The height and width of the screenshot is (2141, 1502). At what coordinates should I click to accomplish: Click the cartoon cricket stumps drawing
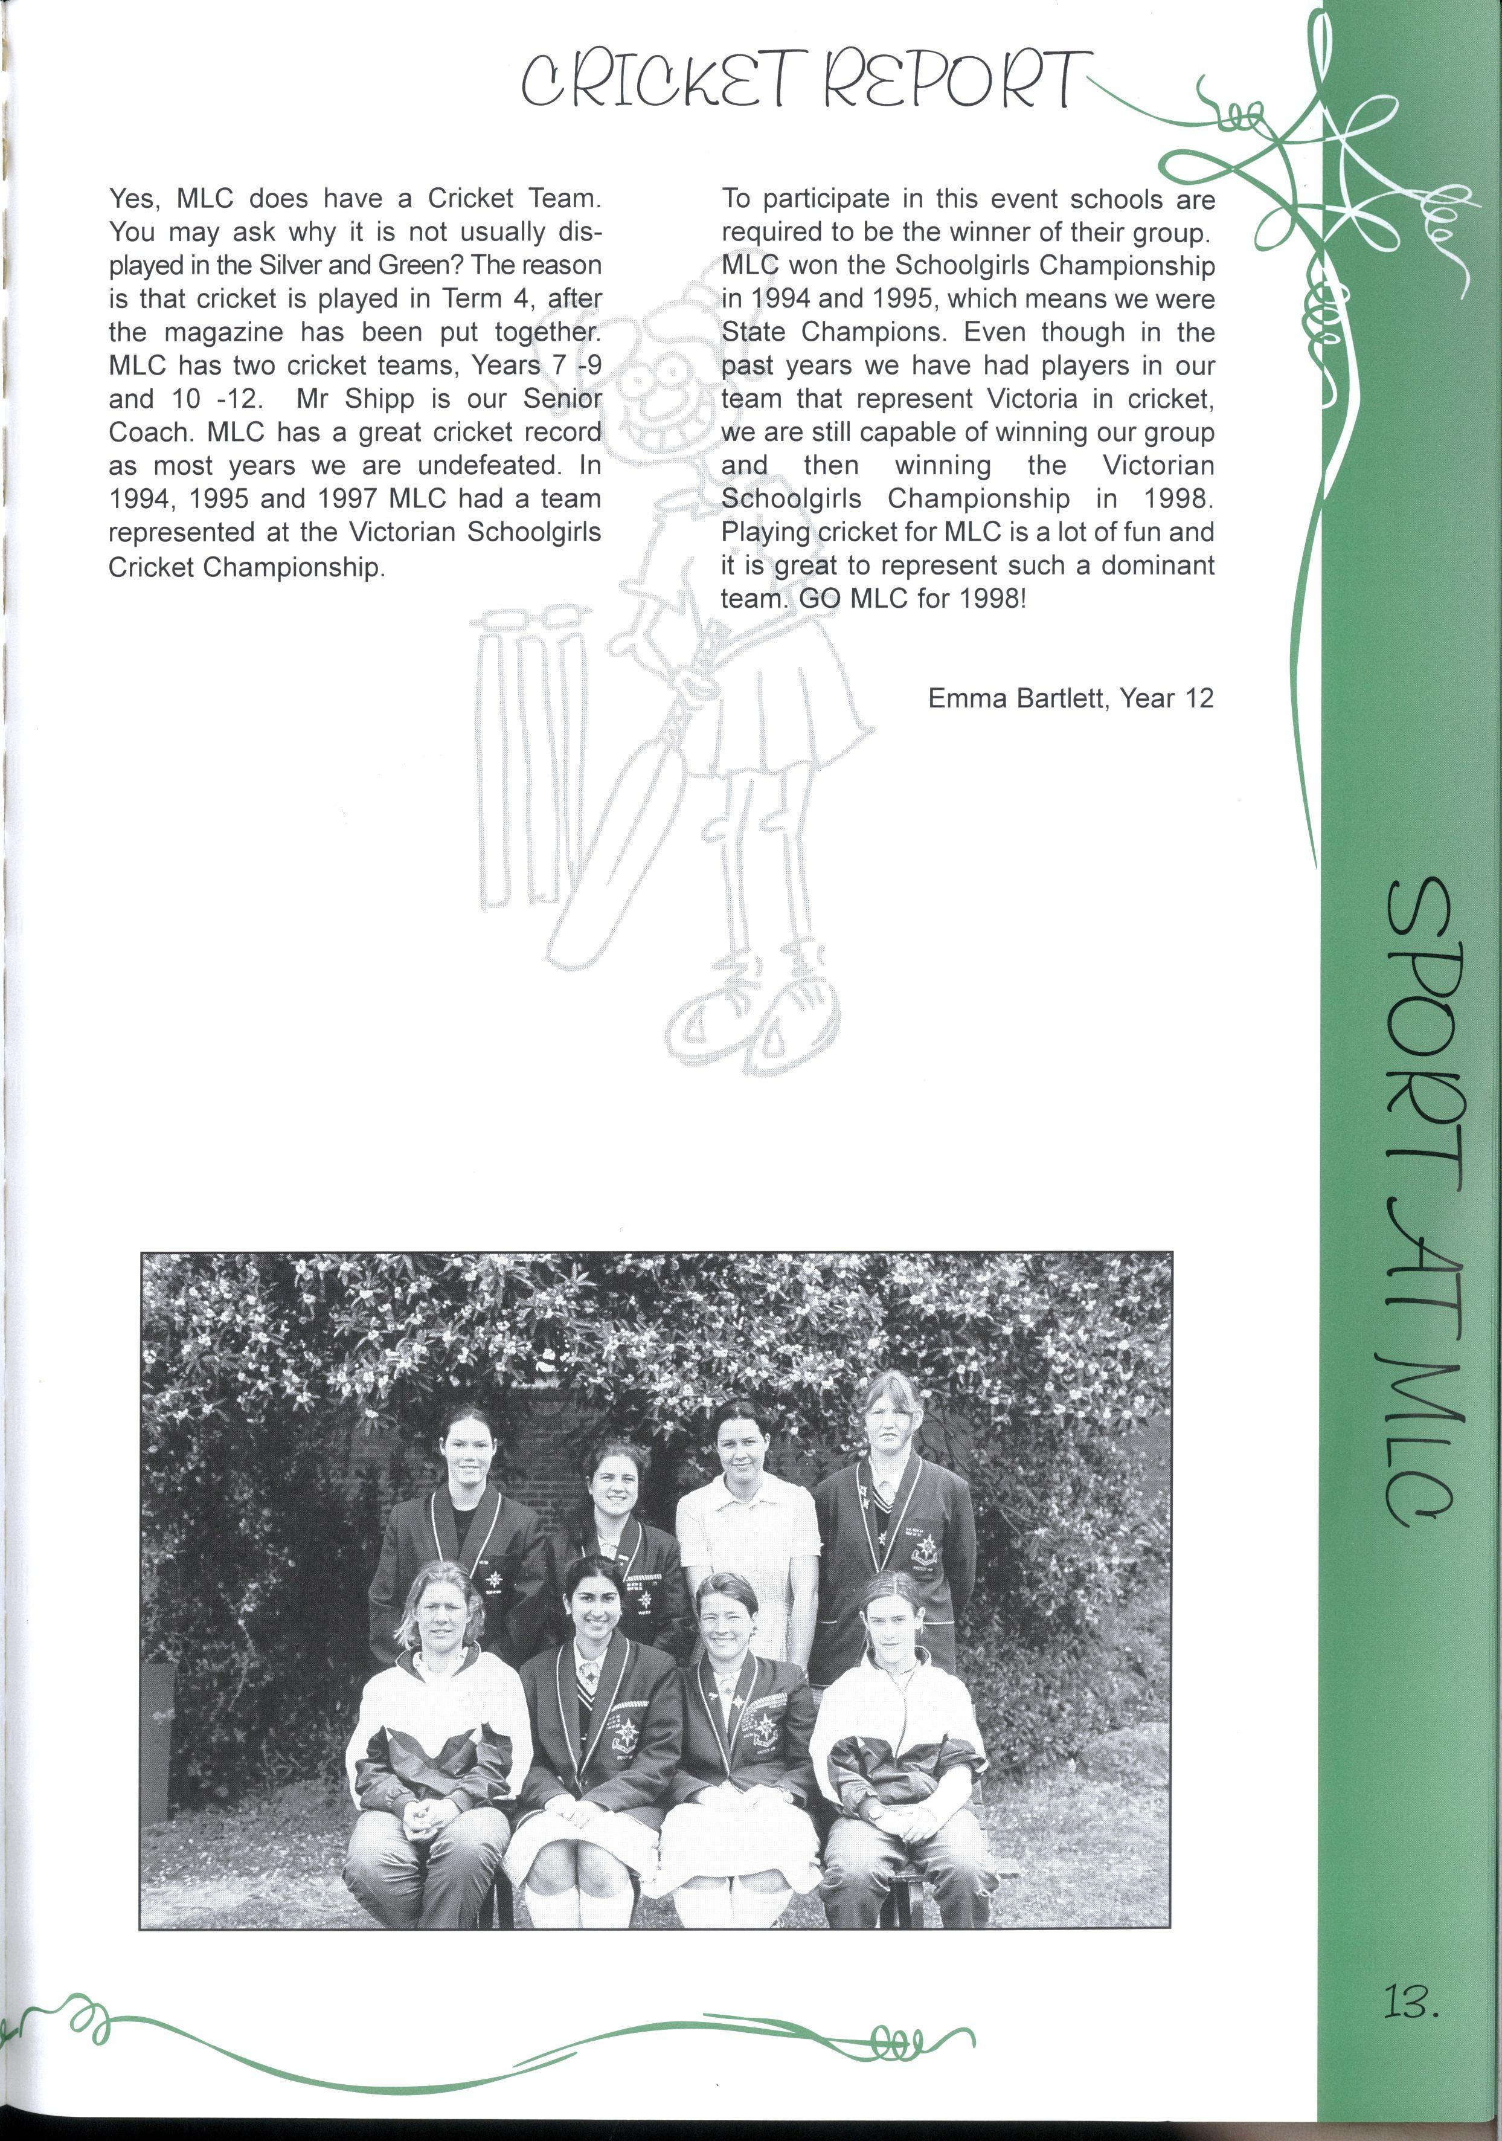[x=531, y=755]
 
